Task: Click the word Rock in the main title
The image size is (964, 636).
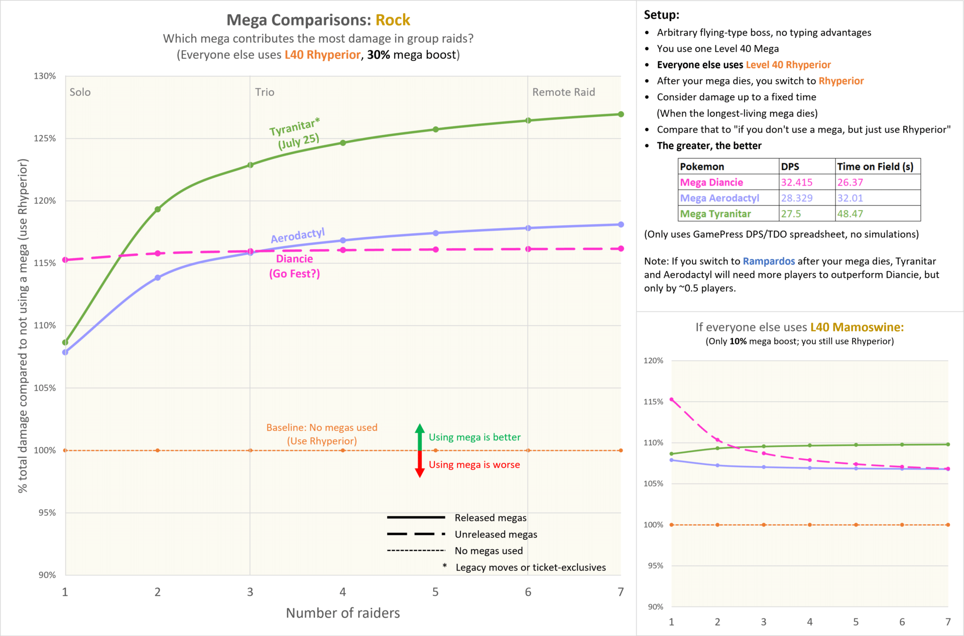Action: pos(393,20)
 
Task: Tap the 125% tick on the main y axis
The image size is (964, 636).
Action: pos(45,138)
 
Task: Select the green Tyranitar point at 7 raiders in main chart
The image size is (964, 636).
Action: pos(621,114)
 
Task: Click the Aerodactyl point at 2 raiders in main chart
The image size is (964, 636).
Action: pos(158,277)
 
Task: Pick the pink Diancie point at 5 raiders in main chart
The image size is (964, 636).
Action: pos(436,249)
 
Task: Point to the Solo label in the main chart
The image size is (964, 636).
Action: pos(80,92)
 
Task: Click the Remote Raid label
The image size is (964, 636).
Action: pos(563,92)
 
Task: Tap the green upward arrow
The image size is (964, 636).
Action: pos(420,437)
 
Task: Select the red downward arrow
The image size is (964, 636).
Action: pos(420,464)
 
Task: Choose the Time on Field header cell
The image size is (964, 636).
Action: pos(878,167)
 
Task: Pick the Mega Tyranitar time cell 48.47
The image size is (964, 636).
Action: pos(878,214)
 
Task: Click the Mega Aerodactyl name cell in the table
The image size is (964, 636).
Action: pos(729,198)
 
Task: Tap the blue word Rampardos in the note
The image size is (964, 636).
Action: pos(769,261)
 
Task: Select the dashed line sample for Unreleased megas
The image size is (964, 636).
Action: pos(416,534)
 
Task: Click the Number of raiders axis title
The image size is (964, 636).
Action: pos(343,613)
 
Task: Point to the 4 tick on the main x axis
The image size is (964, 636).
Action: pos(343,592)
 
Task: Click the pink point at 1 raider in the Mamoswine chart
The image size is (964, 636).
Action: pos(671,400)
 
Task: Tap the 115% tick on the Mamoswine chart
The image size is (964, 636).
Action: pos(653,402)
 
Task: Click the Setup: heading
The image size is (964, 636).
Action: pos(661,15)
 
